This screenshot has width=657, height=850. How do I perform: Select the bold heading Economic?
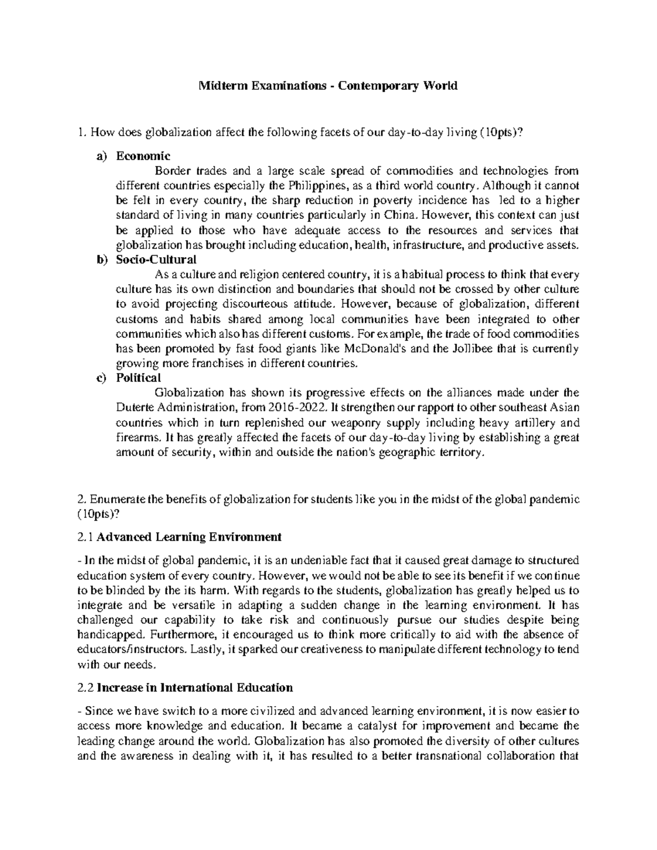[x=143, y=157]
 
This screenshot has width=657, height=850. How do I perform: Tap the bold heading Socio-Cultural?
[x=156, y=259]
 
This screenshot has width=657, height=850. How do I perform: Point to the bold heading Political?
[x=139, y=378]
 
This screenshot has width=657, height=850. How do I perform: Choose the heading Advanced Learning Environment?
[x=189, y=537]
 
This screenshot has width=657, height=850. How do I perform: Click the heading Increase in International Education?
[x=195, y=687]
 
